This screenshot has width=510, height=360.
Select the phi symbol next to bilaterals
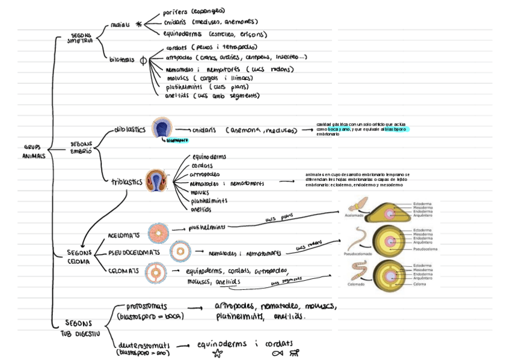click(x=143, y=61)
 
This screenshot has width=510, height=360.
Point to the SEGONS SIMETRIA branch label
click(x=82, y=39)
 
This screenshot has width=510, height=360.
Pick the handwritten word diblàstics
click(x=129, y=129)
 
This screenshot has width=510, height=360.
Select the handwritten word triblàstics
click(x=126, y=182)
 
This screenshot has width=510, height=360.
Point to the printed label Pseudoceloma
click(x=425, y=249)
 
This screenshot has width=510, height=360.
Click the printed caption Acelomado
click(x=354, y=215)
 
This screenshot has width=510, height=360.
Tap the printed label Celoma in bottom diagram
click(x=419, y=284)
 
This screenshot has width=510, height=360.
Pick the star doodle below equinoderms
click(x=217, y=353)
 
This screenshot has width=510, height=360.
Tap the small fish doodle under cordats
click(x=277, y=353)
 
